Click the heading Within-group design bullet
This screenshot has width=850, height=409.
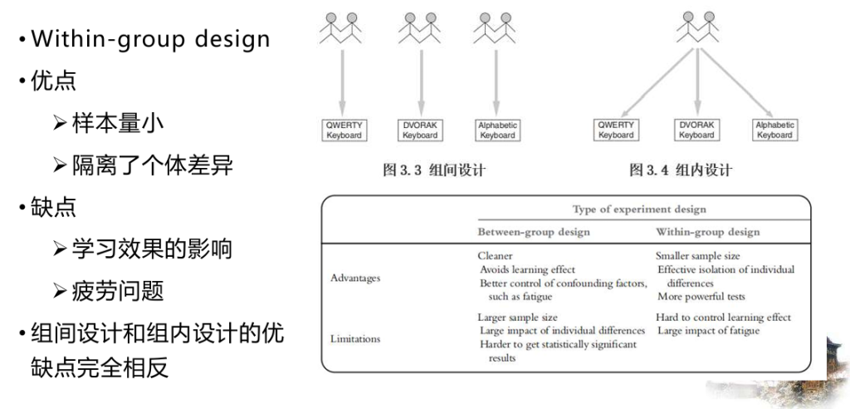[150, 40]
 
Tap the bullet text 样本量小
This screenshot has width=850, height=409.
[117, 124]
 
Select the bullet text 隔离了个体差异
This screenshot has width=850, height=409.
[153, 165]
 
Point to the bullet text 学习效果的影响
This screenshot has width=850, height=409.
[153, 249]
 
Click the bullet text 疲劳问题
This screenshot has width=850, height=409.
[117, 292]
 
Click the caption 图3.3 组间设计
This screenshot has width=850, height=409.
[433, 170]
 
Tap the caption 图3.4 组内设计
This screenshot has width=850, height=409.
[681, 170]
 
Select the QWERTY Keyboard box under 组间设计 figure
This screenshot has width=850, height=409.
[344, 130]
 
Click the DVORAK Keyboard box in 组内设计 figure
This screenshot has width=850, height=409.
[697, 130]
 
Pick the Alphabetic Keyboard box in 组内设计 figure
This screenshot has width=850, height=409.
[775, 130]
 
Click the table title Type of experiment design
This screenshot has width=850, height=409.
[639, 209]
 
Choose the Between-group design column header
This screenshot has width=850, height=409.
[534, 232]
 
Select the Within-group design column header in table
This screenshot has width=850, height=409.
[707, 232]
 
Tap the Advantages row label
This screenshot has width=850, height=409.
[355, 278]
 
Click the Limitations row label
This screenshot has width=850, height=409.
[355, 339]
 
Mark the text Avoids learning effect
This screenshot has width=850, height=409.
[527, 269]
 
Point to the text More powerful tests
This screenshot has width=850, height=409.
[701, 297]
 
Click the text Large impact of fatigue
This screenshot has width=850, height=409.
[709, 331]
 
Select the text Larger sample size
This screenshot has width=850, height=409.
[517, 318]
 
